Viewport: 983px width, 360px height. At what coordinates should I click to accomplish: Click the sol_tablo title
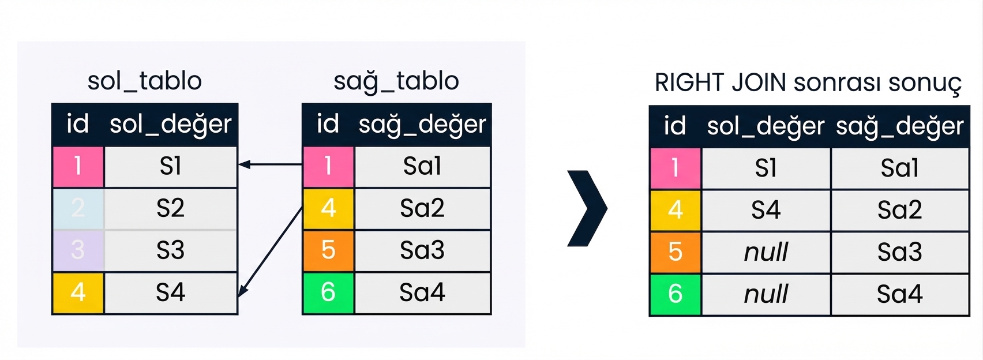[x=144, y=81]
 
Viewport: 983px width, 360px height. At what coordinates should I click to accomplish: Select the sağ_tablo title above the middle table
[x=396, y=82]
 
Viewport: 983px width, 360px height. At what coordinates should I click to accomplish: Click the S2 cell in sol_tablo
[x=171, y=208]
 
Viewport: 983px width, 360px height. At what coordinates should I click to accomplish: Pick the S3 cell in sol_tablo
[x=171, y=250]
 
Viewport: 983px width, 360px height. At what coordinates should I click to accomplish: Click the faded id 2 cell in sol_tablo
[x=78, y=208]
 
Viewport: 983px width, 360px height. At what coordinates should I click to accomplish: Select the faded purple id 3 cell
[x=78, y=250]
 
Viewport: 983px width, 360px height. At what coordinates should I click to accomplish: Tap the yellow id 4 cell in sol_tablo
[x=78, y=292]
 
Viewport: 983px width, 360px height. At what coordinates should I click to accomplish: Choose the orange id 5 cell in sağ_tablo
[x=328, y=250]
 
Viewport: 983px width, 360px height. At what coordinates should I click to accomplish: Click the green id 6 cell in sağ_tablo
[x=328, y=292]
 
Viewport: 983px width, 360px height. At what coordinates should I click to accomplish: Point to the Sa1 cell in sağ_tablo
[x=422, y=166]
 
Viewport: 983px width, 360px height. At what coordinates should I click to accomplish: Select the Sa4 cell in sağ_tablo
[x=422, y=292]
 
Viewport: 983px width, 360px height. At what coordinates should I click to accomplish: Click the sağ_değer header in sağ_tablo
[x=422, y=125]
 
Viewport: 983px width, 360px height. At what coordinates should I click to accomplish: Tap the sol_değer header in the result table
[x=766, y=126]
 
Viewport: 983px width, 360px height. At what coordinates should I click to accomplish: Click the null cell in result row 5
[x=766, y=252]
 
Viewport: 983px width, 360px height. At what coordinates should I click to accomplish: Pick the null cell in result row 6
[x=766, y=294]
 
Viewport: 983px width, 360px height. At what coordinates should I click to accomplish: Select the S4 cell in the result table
[x=766, y=210]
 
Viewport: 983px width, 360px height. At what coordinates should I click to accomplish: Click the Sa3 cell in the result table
[x=899, y=252]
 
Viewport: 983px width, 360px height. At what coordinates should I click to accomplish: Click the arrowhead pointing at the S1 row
[x=245, y=164]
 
